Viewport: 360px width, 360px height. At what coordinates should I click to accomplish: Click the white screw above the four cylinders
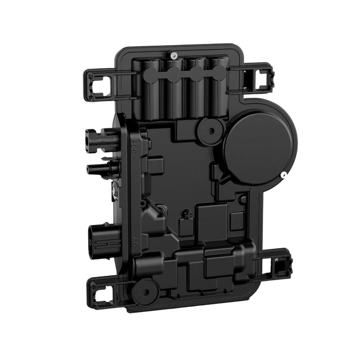click(175, 55)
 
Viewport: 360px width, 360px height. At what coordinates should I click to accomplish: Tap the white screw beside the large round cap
click(284, 174)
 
